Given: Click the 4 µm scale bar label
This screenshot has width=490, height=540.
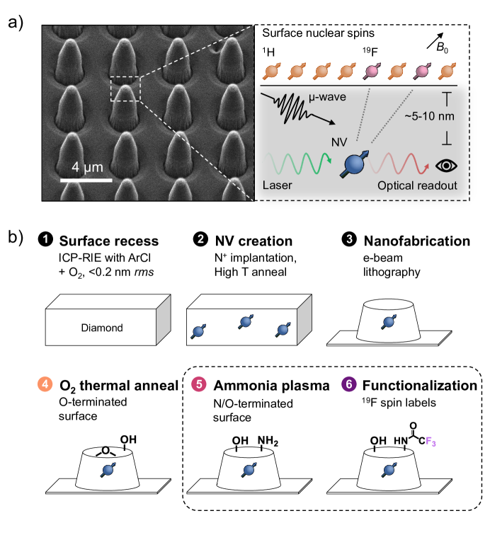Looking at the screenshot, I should (85, 171).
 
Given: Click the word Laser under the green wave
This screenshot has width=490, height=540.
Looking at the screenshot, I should (278, 185).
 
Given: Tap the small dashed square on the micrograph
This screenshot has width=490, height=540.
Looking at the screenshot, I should (125, 89).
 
